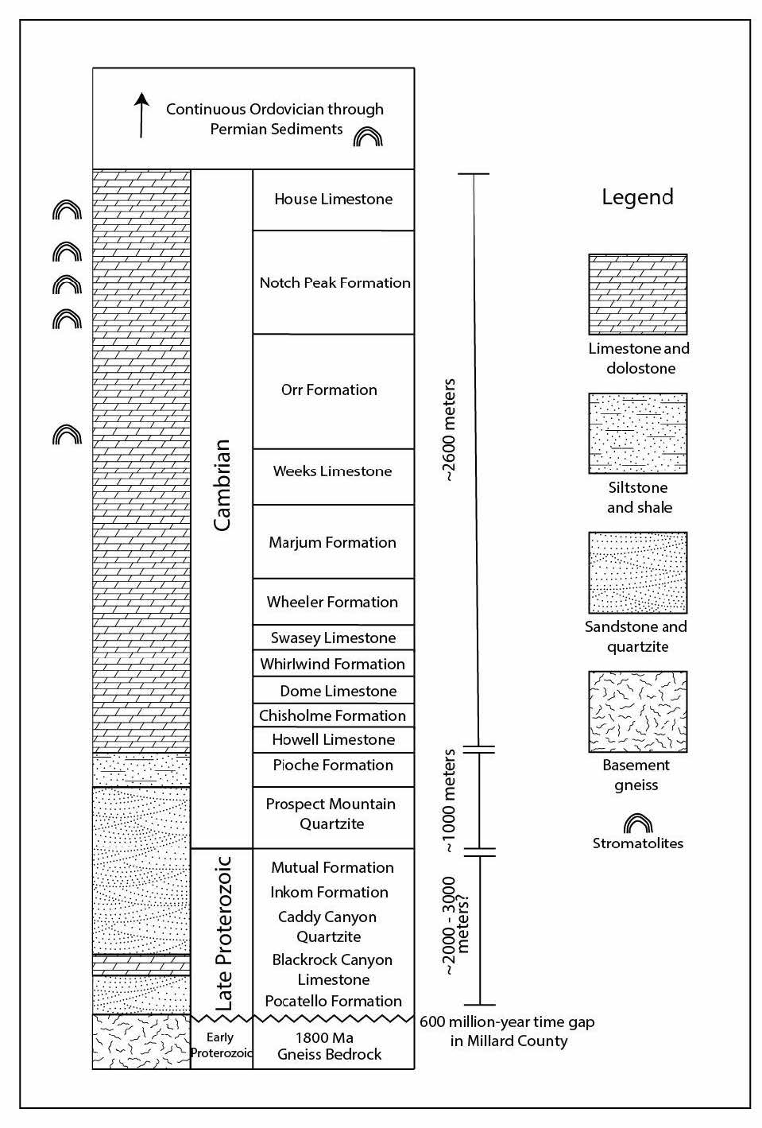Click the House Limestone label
[333, 199]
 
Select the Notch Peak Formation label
[335, 282]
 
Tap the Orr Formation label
[329, 390]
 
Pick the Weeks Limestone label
[332, 471]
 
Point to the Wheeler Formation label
[332, 602]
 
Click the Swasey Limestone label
[333, 638]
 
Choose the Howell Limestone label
[333, 739]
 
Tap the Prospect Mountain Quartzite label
[331, 814]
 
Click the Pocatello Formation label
[333, 1001]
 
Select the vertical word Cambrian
[222, 485]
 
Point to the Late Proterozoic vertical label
[223, 933]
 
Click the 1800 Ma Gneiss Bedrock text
[329, 1046]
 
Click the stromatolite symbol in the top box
[368, 137]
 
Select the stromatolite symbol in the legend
[638, 824]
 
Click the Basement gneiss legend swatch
[638, 711]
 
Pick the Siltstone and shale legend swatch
[638, 433]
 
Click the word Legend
[638, 197]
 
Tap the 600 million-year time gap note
[507, 1031]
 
